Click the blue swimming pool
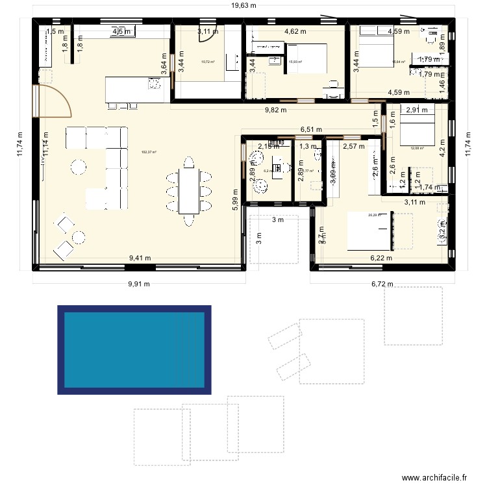pyautogui.click(x=135, y=350)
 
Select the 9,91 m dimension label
pyautogui.click(x=138, y=284)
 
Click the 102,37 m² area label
pyautogui.click(x=149, y=153)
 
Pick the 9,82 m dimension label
pyautogui.click(x=276, y=110)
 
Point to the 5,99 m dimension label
pyautogui.click(x=235, y=212)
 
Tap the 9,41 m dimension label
pyautogui.click(x=140, y=258)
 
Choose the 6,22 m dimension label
pyautogui.click(x=381, y=258)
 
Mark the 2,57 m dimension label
pyautogui.click(x=355, y=147)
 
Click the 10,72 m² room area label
pyautogui.click(x=208, y=62)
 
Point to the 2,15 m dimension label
pyautogui.click(x=269, y=147)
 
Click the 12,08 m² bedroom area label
pyautogui.click(x=417, y=148)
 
